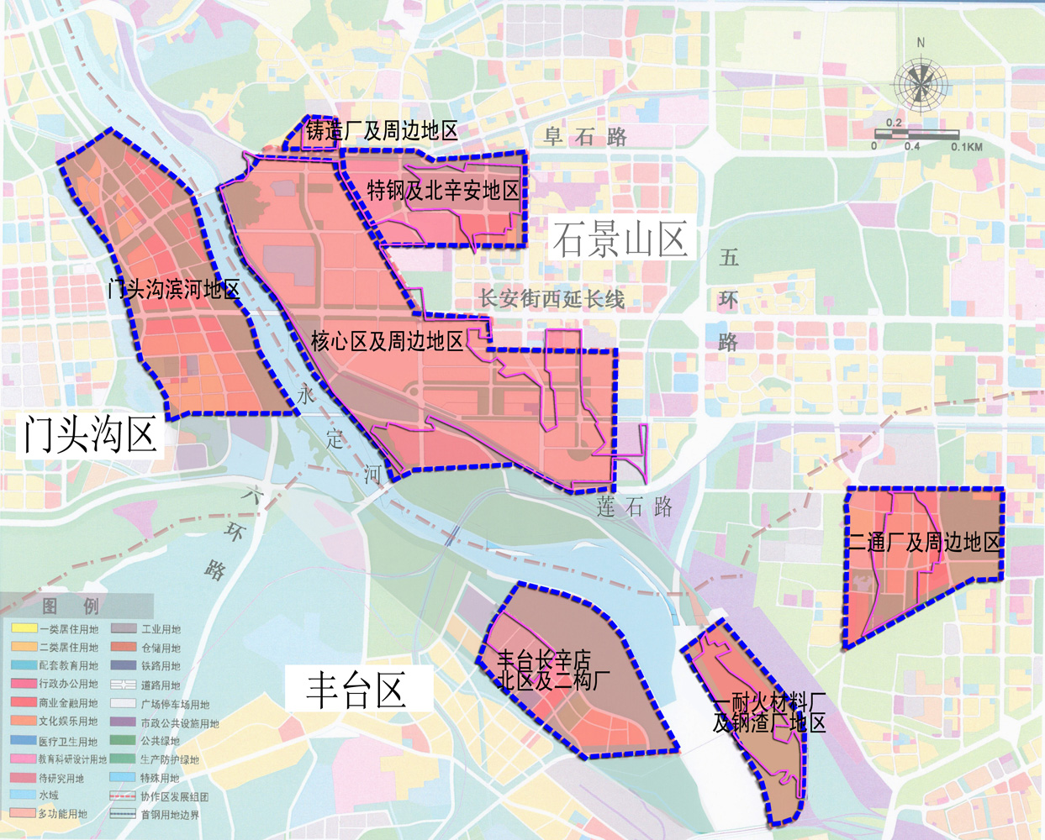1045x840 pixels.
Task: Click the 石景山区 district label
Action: point(620,240)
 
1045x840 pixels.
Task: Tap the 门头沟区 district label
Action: point(90,434)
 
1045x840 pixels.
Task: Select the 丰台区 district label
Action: point(356,690)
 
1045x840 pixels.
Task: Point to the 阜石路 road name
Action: point(585,137)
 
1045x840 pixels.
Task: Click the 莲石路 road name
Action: point(635,507)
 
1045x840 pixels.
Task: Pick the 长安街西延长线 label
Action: point(552,298)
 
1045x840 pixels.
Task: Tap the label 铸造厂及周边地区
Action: point(382,131)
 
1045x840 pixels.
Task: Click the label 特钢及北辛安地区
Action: point(443,191)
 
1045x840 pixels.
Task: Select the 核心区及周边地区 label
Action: point(387,341)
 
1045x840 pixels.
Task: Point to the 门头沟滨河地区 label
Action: point(174,290)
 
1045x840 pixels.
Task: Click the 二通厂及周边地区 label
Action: point(924,543)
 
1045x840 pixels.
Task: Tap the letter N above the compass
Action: point(921,43)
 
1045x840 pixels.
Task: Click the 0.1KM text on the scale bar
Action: point(966,147)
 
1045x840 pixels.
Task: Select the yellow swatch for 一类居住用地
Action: point(24,628)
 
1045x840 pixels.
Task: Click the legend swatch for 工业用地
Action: point(124,628)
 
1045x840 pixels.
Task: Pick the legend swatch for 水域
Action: point(24,795)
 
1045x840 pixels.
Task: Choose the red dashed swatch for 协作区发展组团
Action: point(124,795)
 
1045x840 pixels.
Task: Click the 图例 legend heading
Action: point(71,606)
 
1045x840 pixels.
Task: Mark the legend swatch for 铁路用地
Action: point(124,665)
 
